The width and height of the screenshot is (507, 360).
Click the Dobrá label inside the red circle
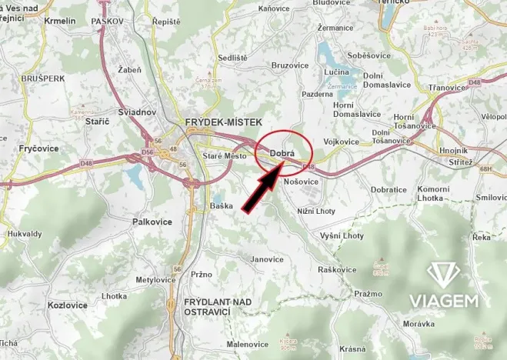[283, 152]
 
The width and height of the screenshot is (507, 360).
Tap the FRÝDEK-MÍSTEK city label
[223, 122]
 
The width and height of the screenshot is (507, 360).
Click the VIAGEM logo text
[455, 299]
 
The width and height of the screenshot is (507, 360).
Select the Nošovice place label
[301, 182]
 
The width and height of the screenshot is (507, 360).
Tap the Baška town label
[222, 205]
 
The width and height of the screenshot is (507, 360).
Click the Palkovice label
[151, 221]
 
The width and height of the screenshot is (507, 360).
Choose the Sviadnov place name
[138, 112]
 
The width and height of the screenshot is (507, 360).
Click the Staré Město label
[224, 156]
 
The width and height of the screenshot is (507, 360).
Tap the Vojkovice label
[341, 142]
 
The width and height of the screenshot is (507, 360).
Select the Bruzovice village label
[289, 66]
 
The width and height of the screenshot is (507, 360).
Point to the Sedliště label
[232, 58]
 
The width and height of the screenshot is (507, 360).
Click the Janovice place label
[267, 259]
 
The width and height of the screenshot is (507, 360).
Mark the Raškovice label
[336, 269]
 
